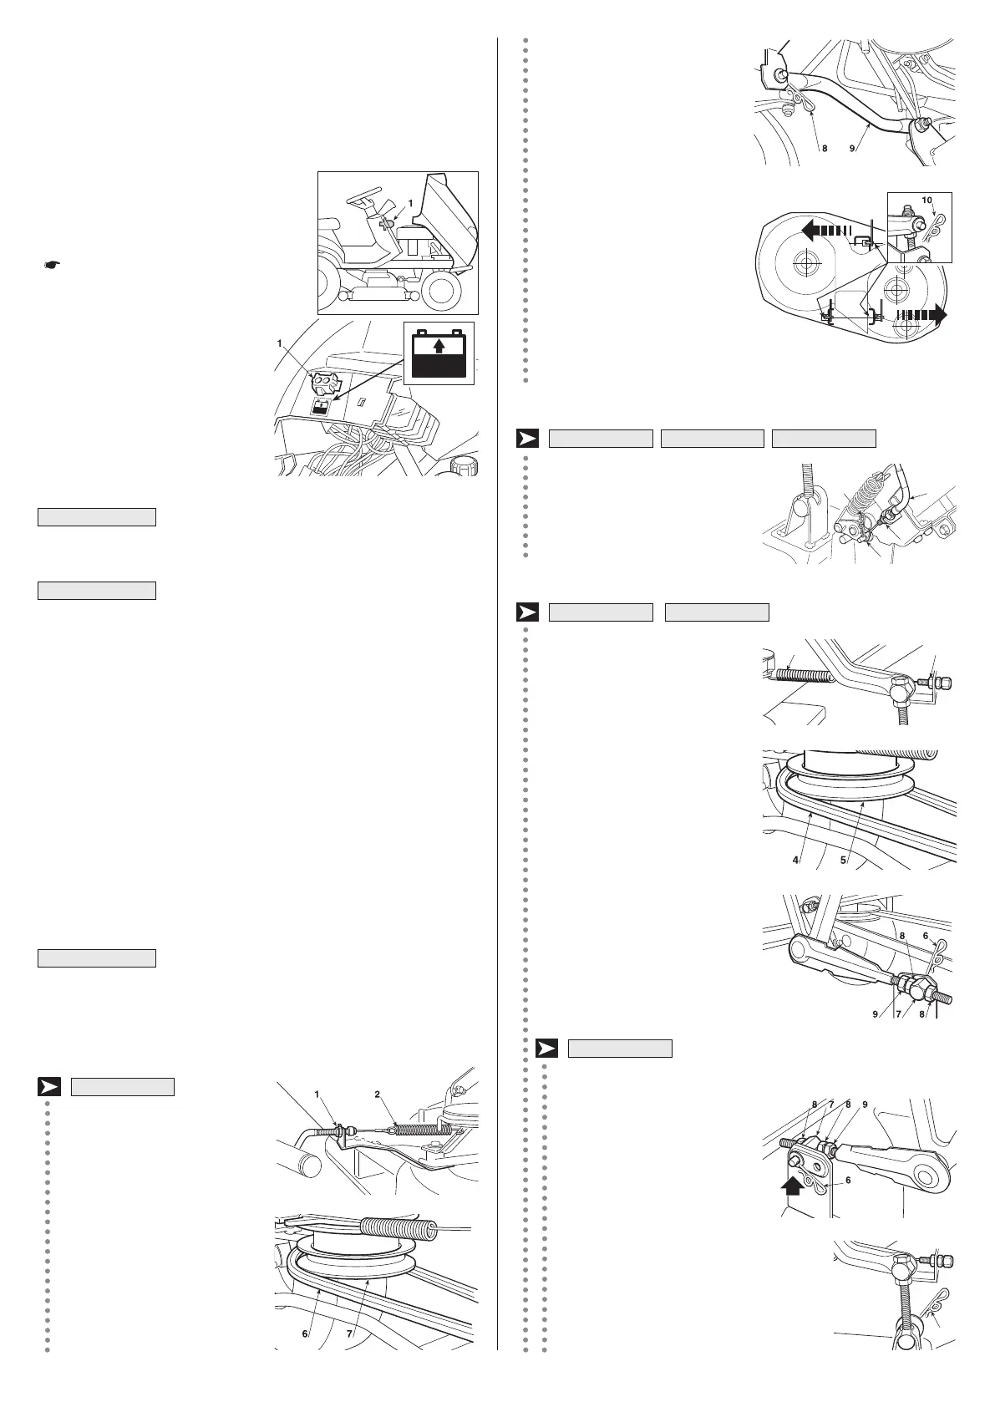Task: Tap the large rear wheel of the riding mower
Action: pos(443,289)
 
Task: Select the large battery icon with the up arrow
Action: pos(439,353)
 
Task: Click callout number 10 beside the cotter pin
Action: pos(926,201)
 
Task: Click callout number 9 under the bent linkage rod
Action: pos(852,149)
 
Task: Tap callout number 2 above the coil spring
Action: pos(377,1094)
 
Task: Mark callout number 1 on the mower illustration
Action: pos(410,203)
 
